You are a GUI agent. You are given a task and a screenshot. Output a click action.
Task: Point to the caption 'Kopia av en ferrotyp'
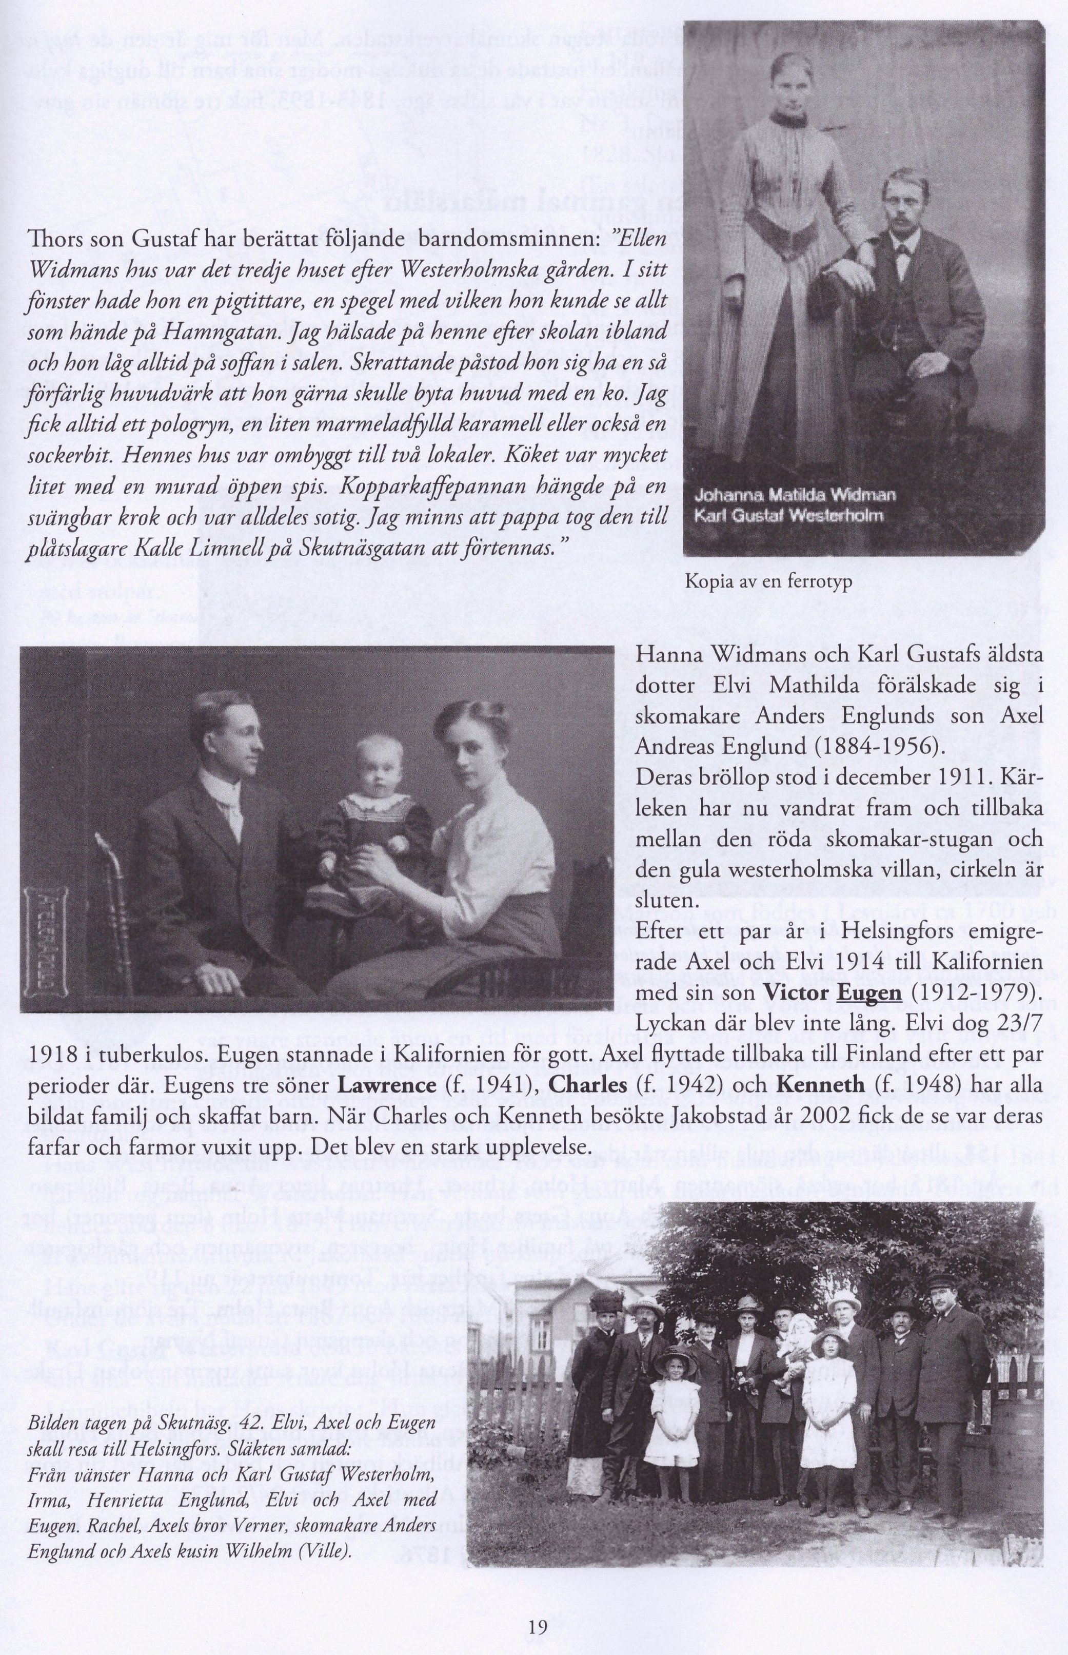768,582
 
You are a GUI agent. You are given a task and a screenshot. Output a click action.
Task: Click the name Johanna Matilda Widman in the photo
794,495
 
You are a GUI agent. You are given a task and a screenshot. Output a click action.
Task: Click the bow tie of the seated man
902,250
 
